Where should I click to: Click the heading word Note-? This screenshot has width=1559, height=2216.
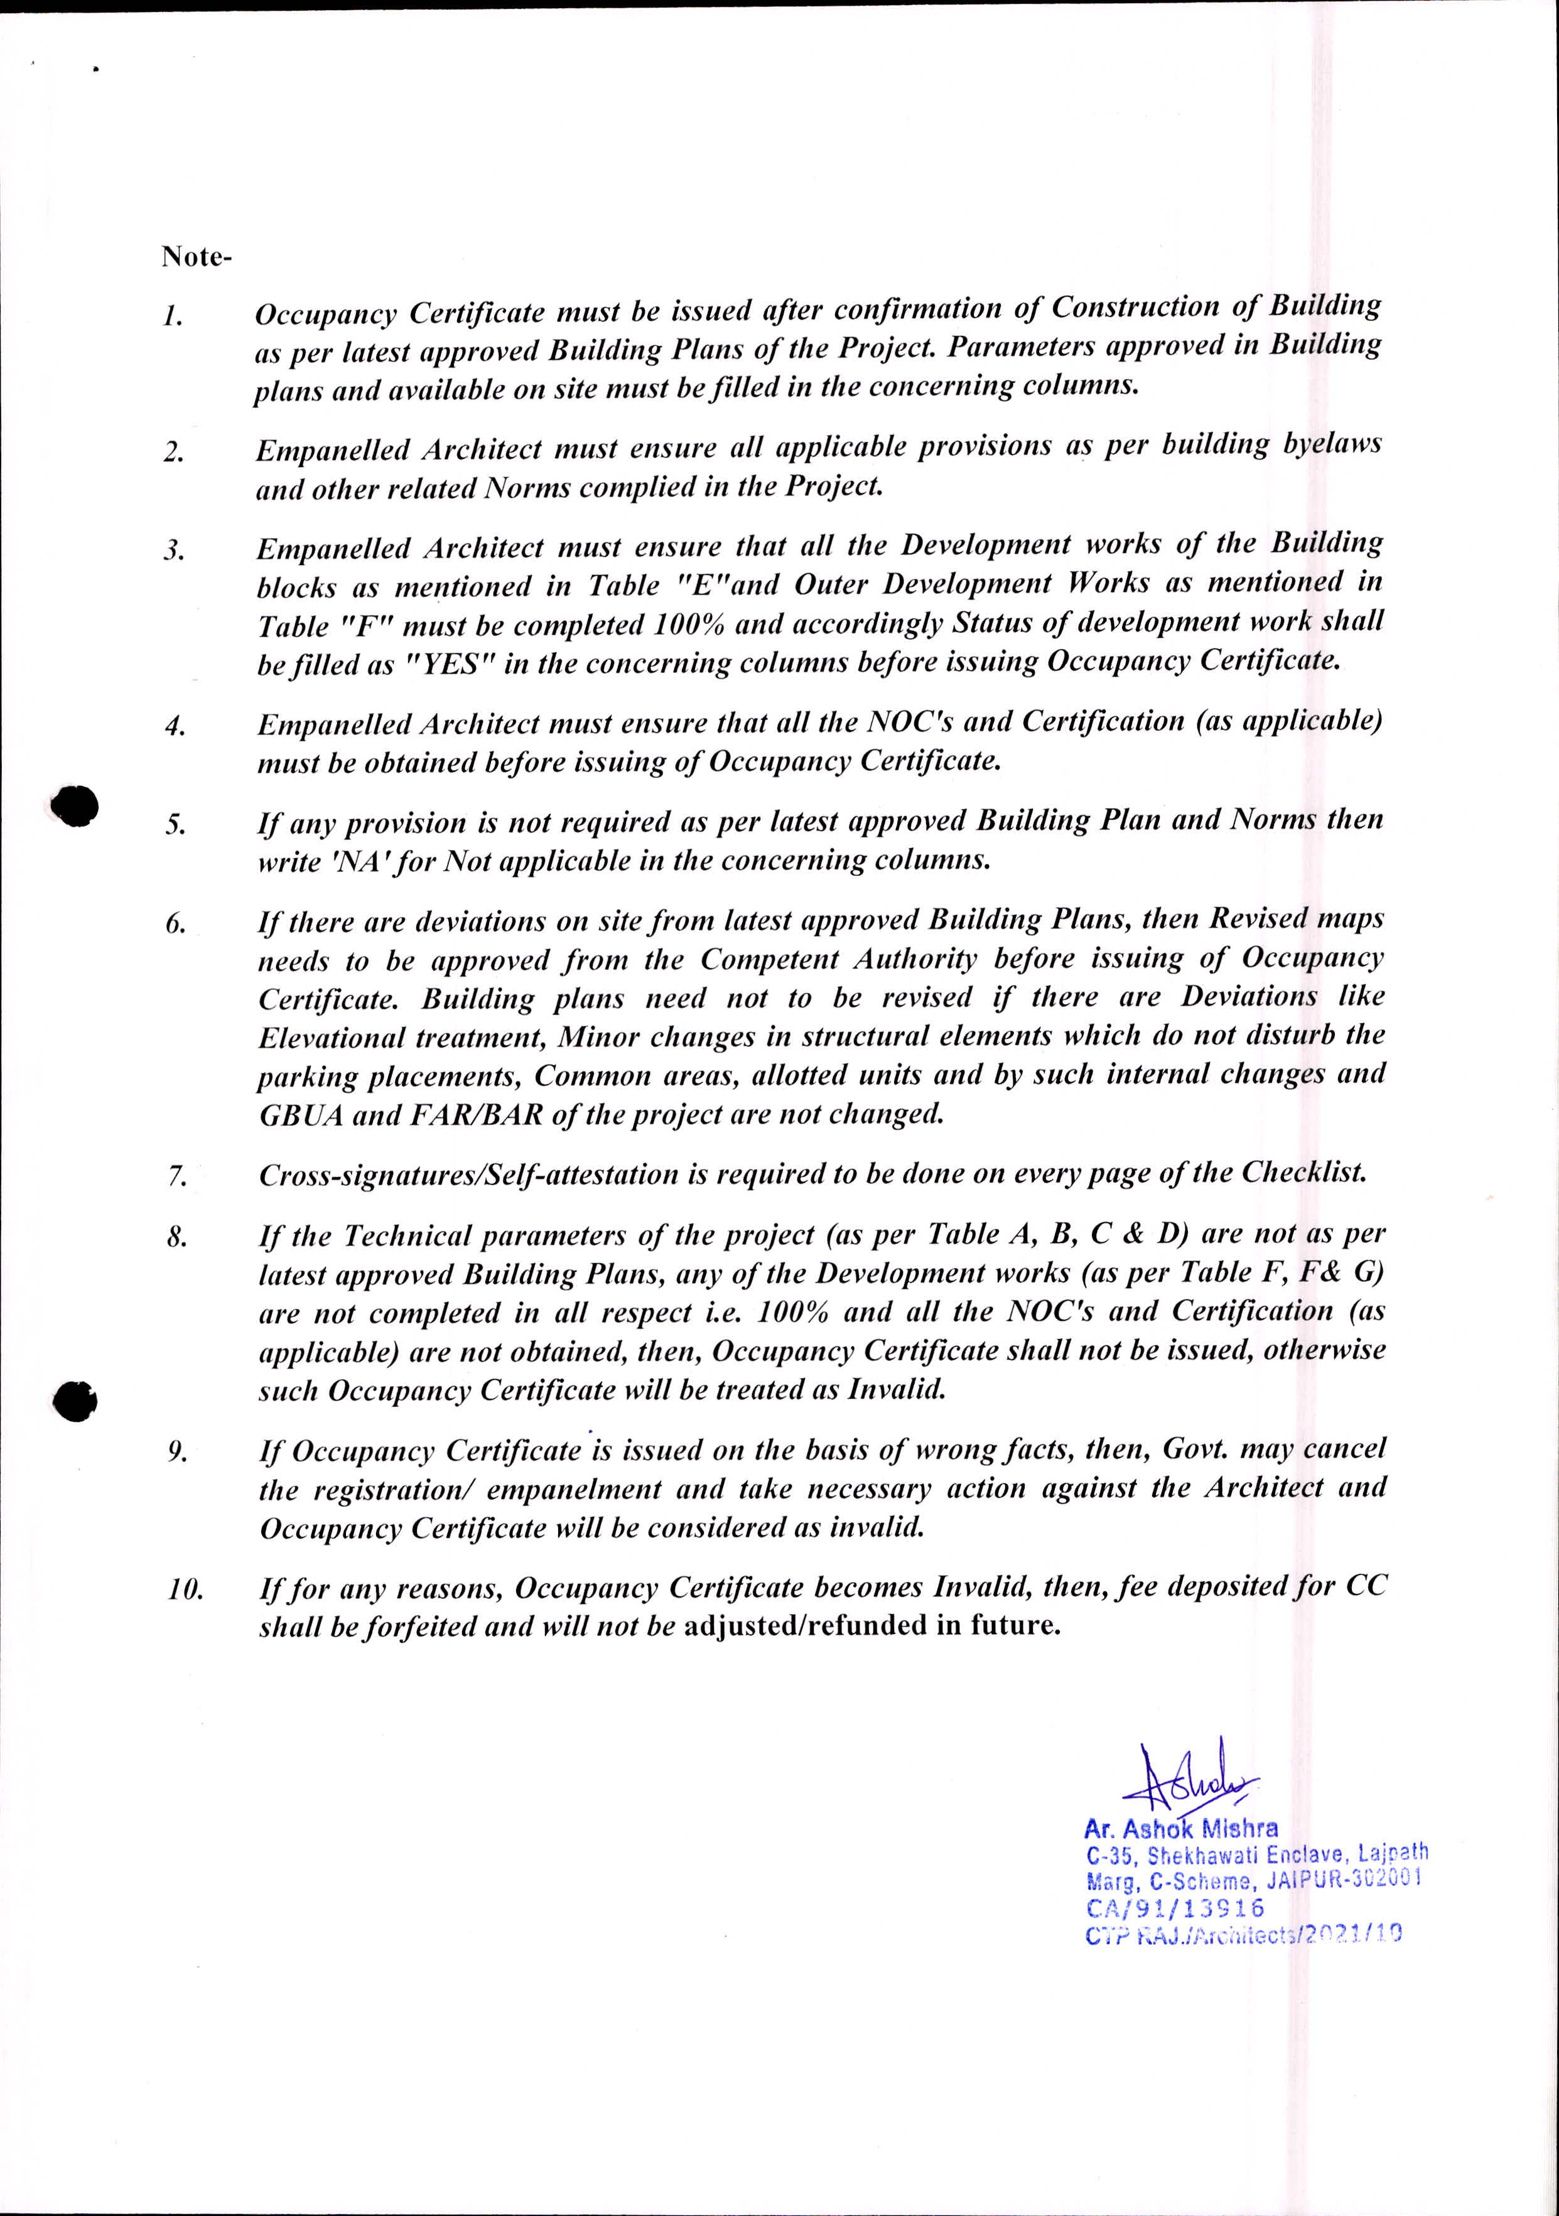coord(196,258)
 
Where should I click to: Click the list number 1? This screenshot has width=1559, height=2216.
coord(173,316)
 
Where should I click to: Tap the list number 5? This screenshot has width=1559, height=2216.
coord(175,826)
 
